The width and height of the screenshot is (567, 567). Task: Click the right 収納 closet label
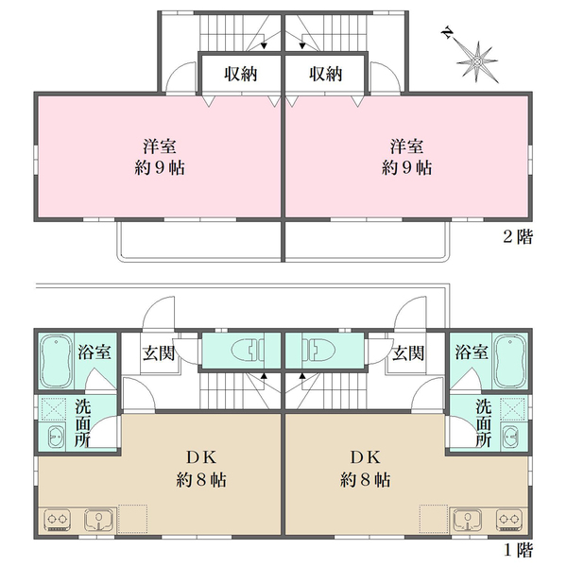point(324,75)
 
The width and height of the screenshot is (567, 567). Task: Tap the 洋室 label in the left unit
point(159,146)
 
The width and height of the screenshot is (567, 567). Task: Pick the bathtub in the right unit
point(510,362)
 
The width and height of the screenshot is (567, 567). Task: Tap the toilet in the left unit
point(249,352)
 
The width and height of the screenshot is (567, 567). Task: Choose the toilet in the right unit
point(317,352)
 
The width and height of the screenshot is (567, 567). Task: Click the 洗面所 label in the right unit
point(483,423)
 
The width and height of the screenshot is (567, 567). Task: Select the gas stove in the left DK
point(56,521)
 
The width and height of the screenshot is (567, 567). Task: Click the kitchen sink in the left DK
point(98,521)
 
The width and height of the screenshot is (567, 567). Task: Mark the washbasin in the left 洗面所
point(54,437)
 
